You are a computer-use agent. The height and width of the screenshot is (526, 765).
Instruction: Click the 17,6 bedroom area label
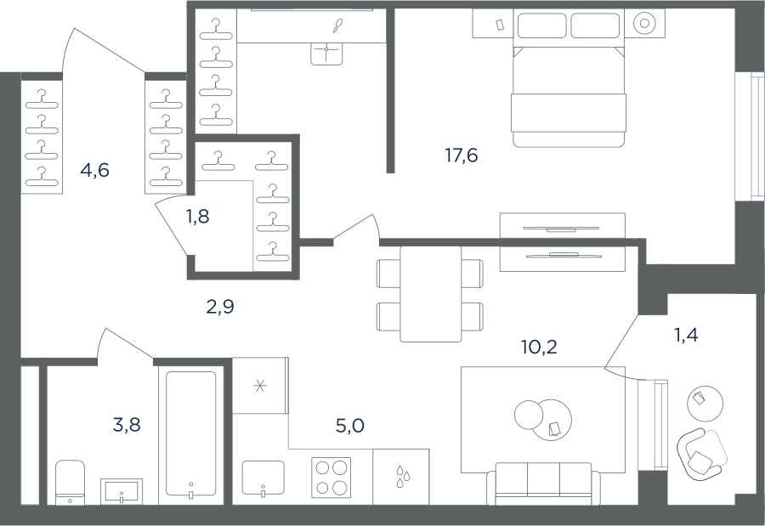pyautogui.click(x=461, y=156)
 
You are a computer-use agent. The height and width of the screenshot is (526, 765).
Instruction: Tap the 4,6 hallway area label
pyautogui.click(x=95, y=171)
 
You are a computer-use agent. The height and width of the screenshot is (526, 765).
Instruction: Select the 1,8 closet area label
pyautogui.click(x=197, y=216)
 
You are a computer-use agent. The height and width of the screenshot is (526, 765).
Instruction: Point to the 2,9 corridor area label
pyautogui.click(x=220, y=307)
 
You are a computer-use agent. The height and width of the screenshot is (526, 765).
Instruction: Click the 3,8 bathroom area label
pyautogui.click(x=127, y=425)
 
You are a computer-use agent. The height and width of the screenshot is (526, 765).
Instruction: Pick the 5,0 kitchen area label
pyautogui.click(x=350, y=426)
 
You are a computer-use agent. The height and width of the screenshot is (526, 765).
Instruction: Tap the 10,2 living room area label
pyautogui.click(x=539, y=347)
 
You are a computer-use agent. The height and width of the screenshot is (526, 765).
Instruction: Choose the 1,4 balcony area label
pyautogui.click(x=686, y=335)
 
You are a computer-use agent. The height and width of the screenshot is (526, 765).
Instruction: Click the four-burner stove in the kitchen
pyautogui.click(x=331, y=477)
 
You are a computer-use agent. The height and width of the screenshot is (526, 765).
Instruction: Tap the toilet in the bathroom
pyautogui.click(x=70, y=482)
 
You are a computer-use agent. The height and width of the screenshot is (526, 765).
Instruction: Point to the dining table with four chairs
pyautogui.click(x=430, y=294)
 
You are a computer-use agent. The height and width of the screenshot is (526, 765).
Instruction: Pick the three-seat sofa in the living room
pyautogui.click(x=543, y=483)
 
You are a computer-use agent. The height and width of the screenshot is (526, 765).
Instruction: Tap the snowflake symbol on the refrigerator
pyautogui.click(x=260, y=387)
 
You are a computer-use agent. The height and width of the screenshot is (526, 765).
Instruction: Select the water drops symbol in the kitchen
pyautogui.click(x=403, y=476)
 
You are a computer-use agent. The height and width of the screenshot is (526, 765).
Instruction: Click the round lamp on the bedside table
pyautogui.click(x=644, y=23)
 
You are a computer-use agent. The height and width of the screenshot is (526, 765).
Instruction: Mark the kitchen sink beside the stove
pyautogui.click(x=263, y=478)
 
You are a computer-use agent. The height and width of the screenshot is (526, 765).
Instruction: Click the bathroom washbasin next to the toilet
pyautogui.click(x=122, y=490)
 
